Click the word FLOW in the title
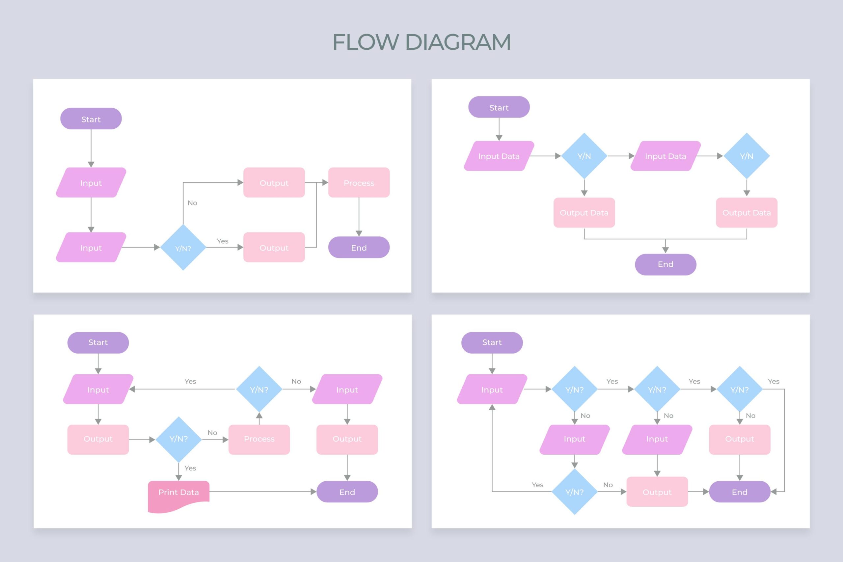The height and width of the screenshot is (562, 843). coord(365,42)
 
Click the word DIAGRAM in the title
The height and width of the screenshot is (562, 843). coord(458,42)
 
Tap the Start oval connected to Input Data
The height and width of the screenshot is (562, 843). coord(499,107)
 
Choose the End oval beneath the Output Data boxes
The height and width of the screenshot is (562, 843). coord(665,264)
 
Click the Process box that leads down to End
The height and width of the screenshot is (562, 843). coord(359,182)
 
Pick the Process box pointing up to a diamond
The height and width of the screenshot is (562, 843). coord(259,440)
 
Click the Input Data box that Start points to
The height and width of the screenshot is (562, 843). coord(499,156)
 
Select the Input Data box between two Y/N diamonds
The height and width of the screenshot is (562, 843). coord(665,156)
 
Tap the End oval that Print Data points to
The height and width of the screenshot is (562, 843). coord(347,492)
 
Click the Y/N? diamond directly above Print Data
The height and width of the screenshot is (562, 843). coord(178,440)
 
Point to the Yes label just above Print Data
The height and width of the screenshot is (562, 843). coord(190,468)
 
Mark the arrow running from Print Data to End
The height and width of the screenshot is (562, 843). coord(262,492)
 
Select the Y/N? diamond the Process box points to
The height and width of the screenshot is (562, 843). coord(259,389)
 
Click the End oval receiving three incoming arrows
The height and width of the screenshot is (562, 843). coord(739,492)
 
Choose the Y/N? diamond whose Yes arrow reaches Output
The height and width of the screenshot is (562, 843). coord(183,247)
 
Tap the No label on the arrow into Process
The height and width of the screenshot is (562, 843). coord(212,433)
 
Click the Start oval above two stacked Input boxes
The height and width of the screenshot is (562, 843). coord(91,119)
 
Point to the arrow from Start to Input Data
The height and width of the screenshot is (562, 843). coord(499,129)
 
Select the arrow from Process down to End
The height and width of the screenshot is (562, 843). coord(359,217)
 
